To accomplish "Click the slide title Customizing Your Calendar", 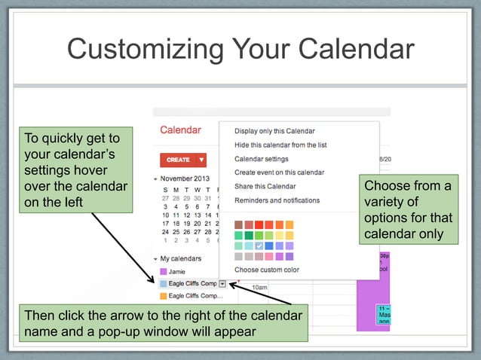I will click(x=240, y=49).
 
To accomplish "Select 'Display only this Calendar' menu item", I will click(x=274, y=131).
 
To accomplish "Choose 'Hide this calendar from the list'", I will click(x=280, y=145).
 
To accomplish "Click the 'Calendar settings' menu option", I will click(x=261, y=159).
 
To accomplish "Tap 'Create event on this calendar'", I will click(x=279, y=172).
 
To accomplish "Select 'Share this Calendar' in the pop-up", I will click(x=265, y=186).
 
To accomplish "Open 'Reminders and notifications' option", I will click(x=277, y=200).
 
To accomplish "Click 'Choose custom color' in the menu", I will click(x=266, y=270).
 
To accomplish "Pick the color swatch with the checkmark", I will click(x=259, y=246).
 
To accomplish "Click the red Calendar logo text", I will click(x=180, y=130).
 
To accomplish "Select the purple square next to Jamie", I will click(x=162, y=271).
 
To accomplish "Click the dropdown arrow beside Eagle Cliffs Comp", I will click(x=222, y=283).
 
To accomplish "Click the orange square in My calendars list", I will click(x=162, y=296).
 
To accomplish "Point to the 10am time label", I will click(x=259, y=288).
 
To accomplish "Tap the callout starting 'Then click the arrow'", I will click(x=163, y=323).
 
